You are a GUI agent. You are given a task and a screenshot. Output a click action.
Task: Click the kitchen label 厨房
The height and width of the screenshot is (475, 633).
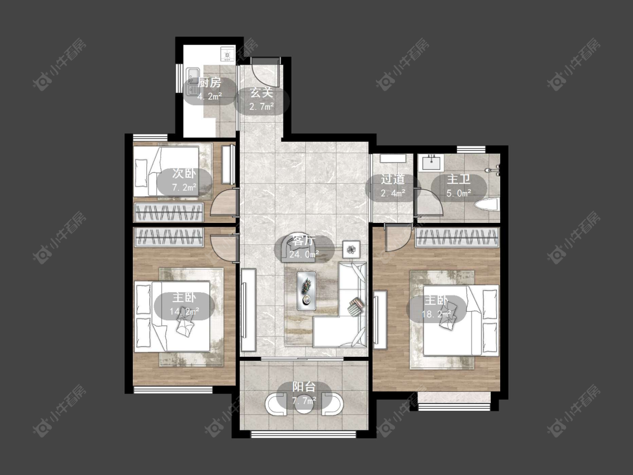pos(210,83)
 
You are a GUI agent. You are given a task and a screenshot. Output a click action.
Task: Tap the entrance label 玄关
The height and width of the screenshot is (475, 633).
pos(262,93)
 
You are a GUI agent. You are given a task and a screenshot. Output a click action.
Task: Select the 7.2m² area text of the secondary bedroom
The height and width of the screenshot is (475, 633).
pos(185,187)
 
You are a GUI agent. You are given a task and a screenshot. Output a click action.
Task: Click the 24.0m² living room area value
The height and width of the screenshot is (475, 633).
pos(304,254)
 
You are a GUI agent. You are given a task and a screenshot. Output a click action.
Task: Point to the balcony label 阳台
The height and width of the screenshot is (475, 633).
pos(304,387)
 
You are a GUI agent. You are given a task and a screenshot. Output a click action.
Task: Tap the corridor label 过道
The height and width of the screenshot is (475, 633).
pos(393,180)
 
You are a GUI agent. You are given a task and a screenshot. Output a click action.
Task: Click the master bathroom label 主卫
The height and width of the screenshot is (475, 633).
pos(459,180)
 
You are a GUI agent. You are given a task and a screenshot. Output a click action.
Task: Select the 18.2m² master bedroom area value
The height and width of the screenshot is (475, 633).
pos(436,314)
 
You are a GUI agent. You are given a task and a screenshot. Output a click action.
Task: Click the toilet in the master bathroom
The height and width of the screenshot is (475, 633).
pos(488,205)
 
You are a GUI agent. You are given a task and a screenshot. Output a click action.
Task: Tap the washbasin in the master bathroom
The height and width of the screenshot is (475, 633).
pos(431,163)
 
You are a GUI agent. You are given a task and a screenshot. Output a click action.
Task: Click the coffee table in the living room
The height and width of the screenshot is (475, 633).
pos(307,291)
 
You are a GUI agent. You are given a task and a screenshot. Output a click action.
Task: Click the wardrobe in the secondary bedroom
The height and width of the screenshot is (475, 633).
pos(169,212)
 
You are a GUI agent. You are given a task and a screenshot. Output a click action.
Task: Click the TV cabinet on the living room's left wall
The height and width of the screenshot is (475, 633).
pos(248,310)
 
